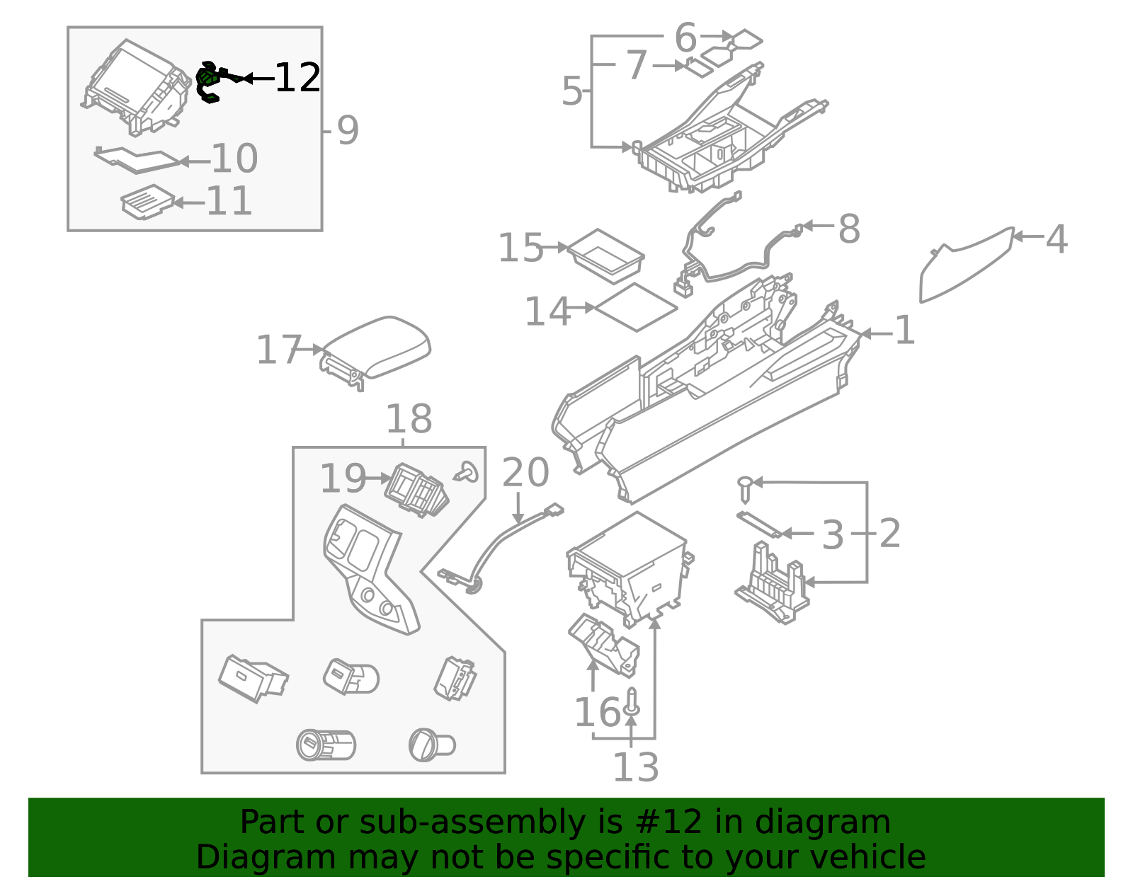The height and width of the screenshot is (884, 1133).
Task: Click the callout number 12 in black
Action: pyautogui.click(x=297, y=78)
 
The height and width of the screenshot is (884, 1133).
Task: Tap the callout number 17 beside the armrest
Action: pyautogui.click(x=279, y=350)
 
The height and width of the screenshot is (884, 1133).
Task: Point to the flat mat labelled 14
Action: pyautogui.click(x=636, y=307)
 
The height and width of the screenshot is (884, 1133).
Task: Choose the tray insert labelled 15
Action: pyautogui.click(x=606, y=256)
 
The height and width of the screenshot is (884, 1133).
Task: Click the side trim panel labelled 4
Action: pyautogui.click(x=966, y=265)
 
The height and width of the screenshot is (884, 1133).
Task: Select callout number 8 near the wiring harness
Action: pyautogui.click(x=849, y=229)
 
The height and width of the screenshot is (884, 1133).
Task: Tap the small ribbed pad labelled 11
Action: pyautogui.click(x=147, y=202)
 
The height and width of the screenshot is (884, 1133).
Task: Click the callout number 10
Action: pyautogui.click(x=234, y=159)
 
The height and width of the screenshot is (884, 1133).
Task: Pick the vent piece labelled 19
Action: pyautogui.click(x=416, y=490)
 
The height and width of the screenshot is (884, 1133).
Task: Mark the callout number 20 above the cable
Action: pyautogui.click(x=525, y=473)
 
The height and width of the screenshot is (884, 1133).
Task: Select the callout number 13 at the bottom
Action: pyautogui.click(x=636, y=768)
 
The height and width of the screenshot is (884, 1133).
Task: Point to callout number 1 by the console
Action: pyautogui.click(x=904, y=331)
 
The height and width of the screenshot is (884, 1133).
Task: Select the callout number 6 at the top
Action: pyautogui.click(x=685, y=38)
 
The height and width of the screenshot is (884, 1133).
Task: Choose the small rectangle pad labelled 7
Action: pyautogui.click(x=700, y=68)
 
